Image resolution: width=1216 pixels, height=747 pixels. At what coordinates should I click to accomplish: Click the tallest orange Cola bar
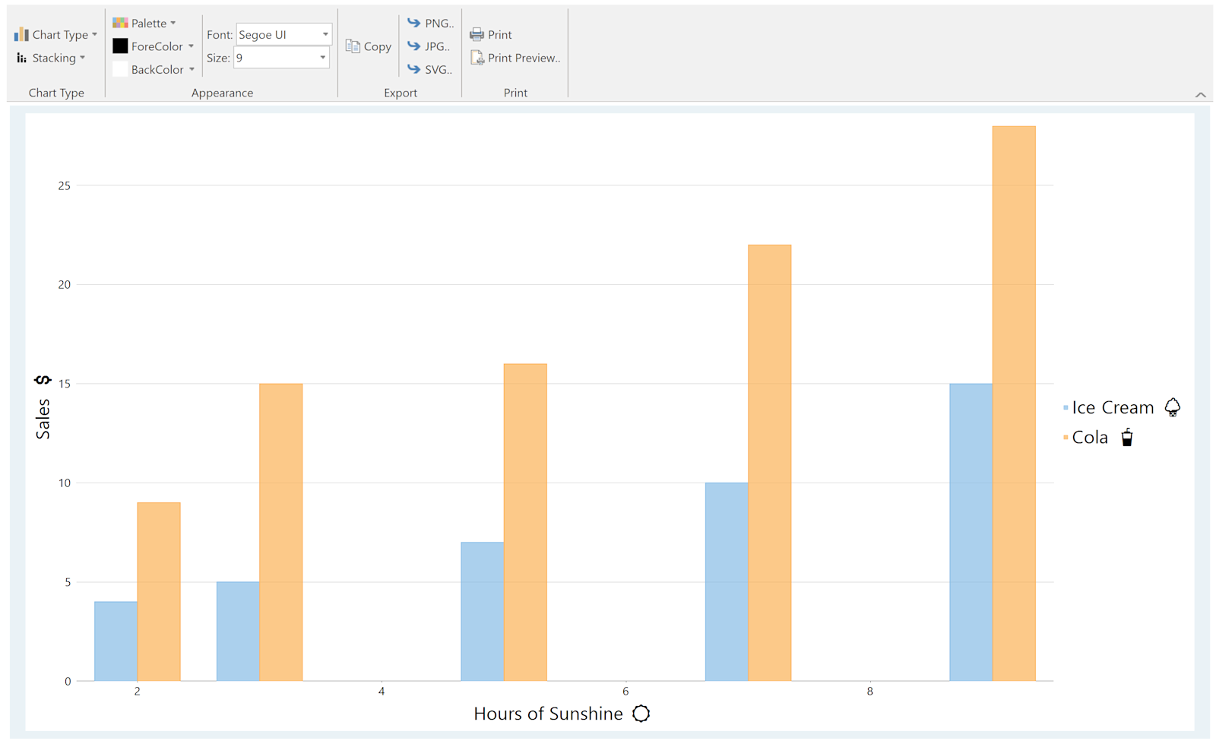(x=1014, y=404)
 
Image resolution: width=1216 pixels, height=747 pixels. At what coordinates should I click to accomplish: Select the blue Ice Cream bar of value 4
(x=116, y=641)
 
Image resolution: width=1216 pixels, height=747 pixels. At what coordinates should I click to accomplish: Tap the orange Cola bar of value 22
(x=770, y=463)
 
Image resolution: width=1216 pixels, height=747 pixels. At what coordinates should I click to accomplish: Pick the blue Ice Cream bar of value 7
(x=482, y=611)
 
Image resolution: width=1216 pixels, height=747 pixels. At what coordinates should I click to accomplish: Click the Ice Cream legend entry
(x=1122, y=407)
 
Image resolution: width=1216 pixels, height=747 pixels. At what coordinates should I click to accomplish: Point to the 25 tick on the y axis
(x=64, y=185)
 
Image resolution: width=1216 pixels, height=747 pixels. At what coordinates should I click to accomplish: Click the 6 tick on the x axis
(x=625, y=691)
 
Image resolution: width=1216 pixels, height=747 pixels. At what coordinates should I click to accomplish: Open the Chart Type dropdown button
(x=56, y=35)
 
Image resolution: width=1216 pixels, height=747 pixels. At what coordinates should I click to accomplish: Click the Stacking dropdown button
(x=51, y=58)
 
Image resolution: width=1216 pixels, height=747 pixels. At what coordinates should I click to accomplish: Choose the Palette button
(x=144, y=23)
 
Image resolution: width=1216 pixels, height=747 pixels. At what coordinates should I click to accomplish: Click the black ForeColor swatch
(x=120, y=46)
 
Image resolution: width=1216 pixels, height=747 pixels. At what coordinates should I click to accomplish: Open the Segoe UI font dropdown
(x=284, y=34)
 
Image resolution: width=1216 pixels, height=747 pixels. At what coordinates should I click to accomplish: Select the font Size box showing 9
(x=281, y=58)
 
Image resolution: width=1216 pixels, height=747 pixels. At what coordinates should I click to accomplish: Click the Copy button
(x=368, y=46)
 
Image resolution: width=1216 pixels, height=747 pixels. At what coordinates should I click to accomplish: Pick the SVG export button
(x=429, y=69)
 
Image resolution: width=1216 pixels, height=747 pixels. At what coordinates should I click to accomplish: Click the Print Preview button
(x=515, y=58)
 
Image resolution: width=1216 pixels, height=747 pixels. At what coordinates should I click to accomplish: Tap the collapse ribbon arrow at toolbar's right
(x=1200, y=94)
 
